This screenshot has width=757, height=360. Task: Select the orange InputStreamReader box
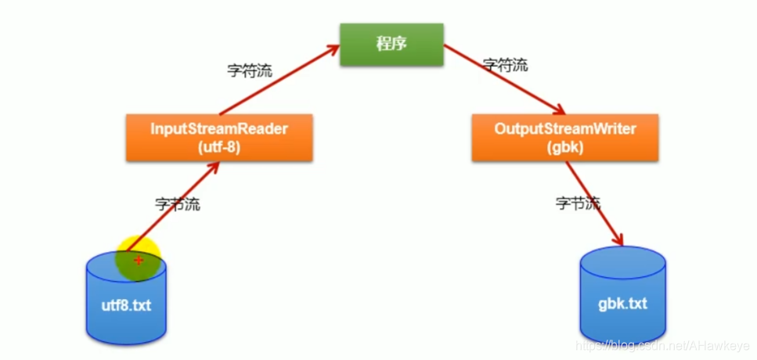point(219,138)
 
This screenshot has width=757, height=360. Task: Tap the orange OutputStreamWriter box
point(564,138)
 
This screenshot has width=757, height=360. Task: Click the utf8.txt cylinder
point(126,301)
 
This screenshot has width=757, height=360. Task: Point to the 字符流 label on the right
point(505,65)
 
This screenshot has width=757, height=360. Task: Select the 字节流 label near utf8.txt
point(176,205)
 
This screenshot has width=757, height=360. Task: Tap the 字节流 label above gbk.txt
point(579,203)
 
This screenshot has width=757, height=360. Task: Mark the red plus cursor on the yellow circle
point(139,259)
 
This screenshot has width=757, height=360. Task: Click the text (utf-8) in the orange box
point(219,146)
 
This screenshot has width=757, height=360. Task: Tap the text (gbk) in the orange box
point(564,146)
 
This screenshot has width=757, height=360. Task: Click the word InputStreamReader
point(219,129)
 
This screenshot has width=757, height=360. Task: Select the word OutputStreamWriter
point(564,129)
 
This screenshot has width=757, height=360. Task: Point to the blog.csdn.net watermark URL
point(661,345)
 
